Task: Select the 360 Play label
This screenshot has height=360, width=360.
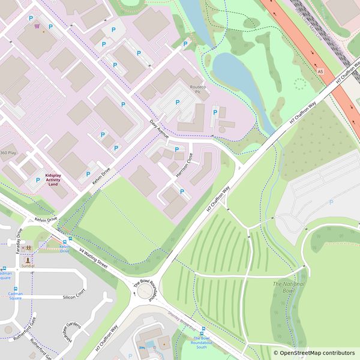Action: click(x=8, y=153)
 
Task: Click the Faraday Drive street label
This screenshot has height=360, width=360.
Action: click(x=19, y=241)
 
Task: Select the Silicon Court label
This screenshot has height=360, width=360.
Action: click(x=74, y=297)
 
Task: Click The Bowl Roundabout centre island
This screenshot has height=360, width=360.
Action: click(x=145, y=291)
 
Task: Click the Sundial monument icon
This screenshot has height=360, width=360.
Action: click(x=28, y=259)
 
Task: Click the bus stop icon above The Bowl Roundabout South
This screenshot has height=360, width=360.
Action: click(x=203, y=329)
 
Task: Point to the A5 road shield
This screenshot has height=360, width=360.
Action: click(x=320, y=71)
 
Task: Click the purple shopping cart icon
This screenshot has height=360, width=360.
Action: click(x=37, y=26)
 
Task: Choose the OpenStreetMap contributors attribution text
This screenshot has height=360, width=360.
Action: click(x=313, y=353)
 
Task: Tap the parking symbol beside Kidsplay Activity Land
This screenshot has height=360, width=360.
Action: click(x=38, y=179)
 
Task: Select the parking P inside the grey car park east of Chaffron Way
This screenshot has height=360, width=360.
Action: click(x=331, y=203)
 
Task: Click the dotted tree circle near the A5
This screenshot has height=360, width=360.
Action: click(x=299, y=84)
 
